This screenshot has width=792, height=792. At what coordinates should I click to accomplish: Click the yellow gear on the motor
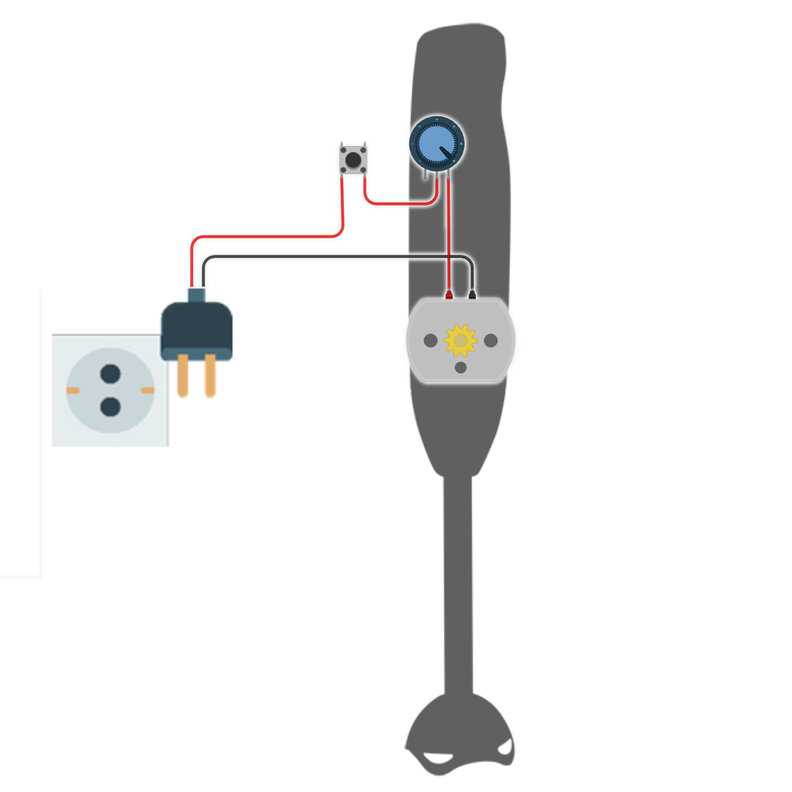pyautogui.click(x=460, y=340)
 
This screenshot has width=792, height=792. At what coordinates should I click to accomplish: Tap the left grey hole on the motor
pyautogui.click(x=430, y=340)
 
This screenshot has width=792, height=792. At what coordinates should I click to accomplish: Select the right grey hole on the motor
pyautogui.click(x=491, y=340)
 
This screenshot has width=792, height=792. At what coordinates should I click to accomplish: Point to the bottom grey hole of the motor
pyautogui.click(x=460, y=367)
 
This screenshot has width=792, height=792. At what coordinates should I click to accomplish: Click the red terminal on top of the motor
pyautogui.click(x=449, y=295)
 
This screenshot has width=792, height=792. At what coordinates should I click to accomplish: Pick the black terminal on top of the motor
pyautogui.click(x=472, y=295)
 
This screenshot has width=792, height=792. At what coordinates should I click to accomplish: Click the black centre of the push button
pyautogui.click(x=353, y=159)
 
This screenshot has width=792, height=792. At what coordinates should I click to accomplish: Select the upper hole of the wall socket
pyautogui.click(x=110, y=373)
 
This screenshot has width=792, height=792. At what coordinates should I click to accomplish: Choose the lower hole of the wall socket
pyautogui.click(x=110, y=407)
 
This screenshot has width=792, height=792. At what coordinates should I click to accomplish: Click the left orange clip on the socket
pyautogui.click(x=72, y=390)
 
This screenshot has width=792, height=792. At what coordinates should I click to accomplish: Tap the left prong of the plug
pyautogui.click(x=183, y=376)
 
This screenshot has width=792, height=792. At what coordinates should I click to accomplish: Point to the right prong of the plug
pyautogui.click(x=210, y=376)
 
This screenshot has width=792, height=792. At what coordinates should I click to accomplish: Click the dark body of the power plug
pyautogui.click(x=196, y=328)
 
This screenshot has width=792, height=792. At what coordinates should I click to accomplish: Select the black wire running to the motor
pyautogui.click(x=336, y=257)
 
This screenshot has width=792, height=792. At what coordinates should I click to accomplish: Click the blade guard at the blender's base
pyautogui.click(x=459, y=734)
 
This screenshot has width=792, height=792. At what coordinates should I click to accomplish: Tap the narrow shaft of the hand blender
pyautogui.click(x=458, y=581)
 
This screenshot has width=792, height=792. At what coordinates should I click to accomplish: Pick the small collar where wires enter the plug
pyautogui.click(x=196, y=294)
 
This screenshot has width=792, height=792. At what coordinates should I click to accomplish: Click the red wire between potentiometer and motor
pyautogui.click(x=449, y=238)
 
